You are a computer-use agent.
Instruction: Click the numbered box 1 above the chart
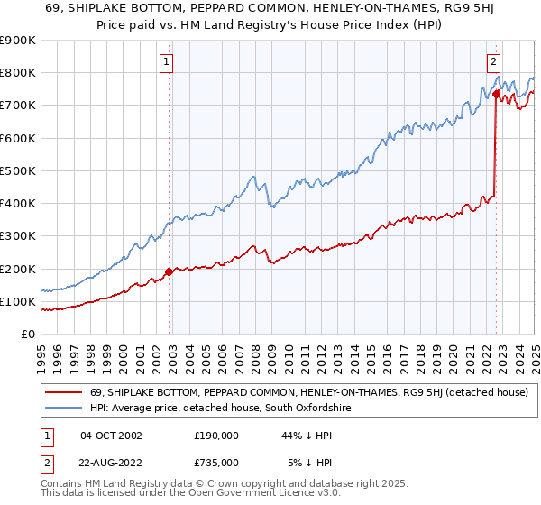click(168, 62)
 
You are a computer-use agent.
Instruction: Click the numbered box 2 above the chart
click(494, 62)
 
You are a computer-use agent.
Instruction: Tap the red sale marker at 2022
click(496, 93)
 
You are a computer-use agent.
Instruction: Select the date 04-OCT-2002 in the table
click(111, 436)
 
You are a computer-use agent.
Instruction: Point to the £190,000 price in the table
click(215, 436)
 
